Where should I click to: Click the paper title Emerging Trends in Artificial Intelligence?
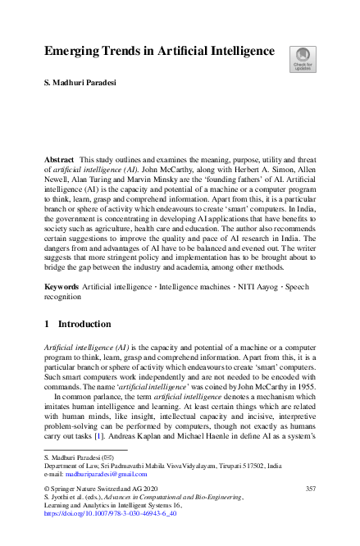(x=159, y=51)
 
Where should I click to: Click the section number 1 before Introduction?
(x=48, y=324)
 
